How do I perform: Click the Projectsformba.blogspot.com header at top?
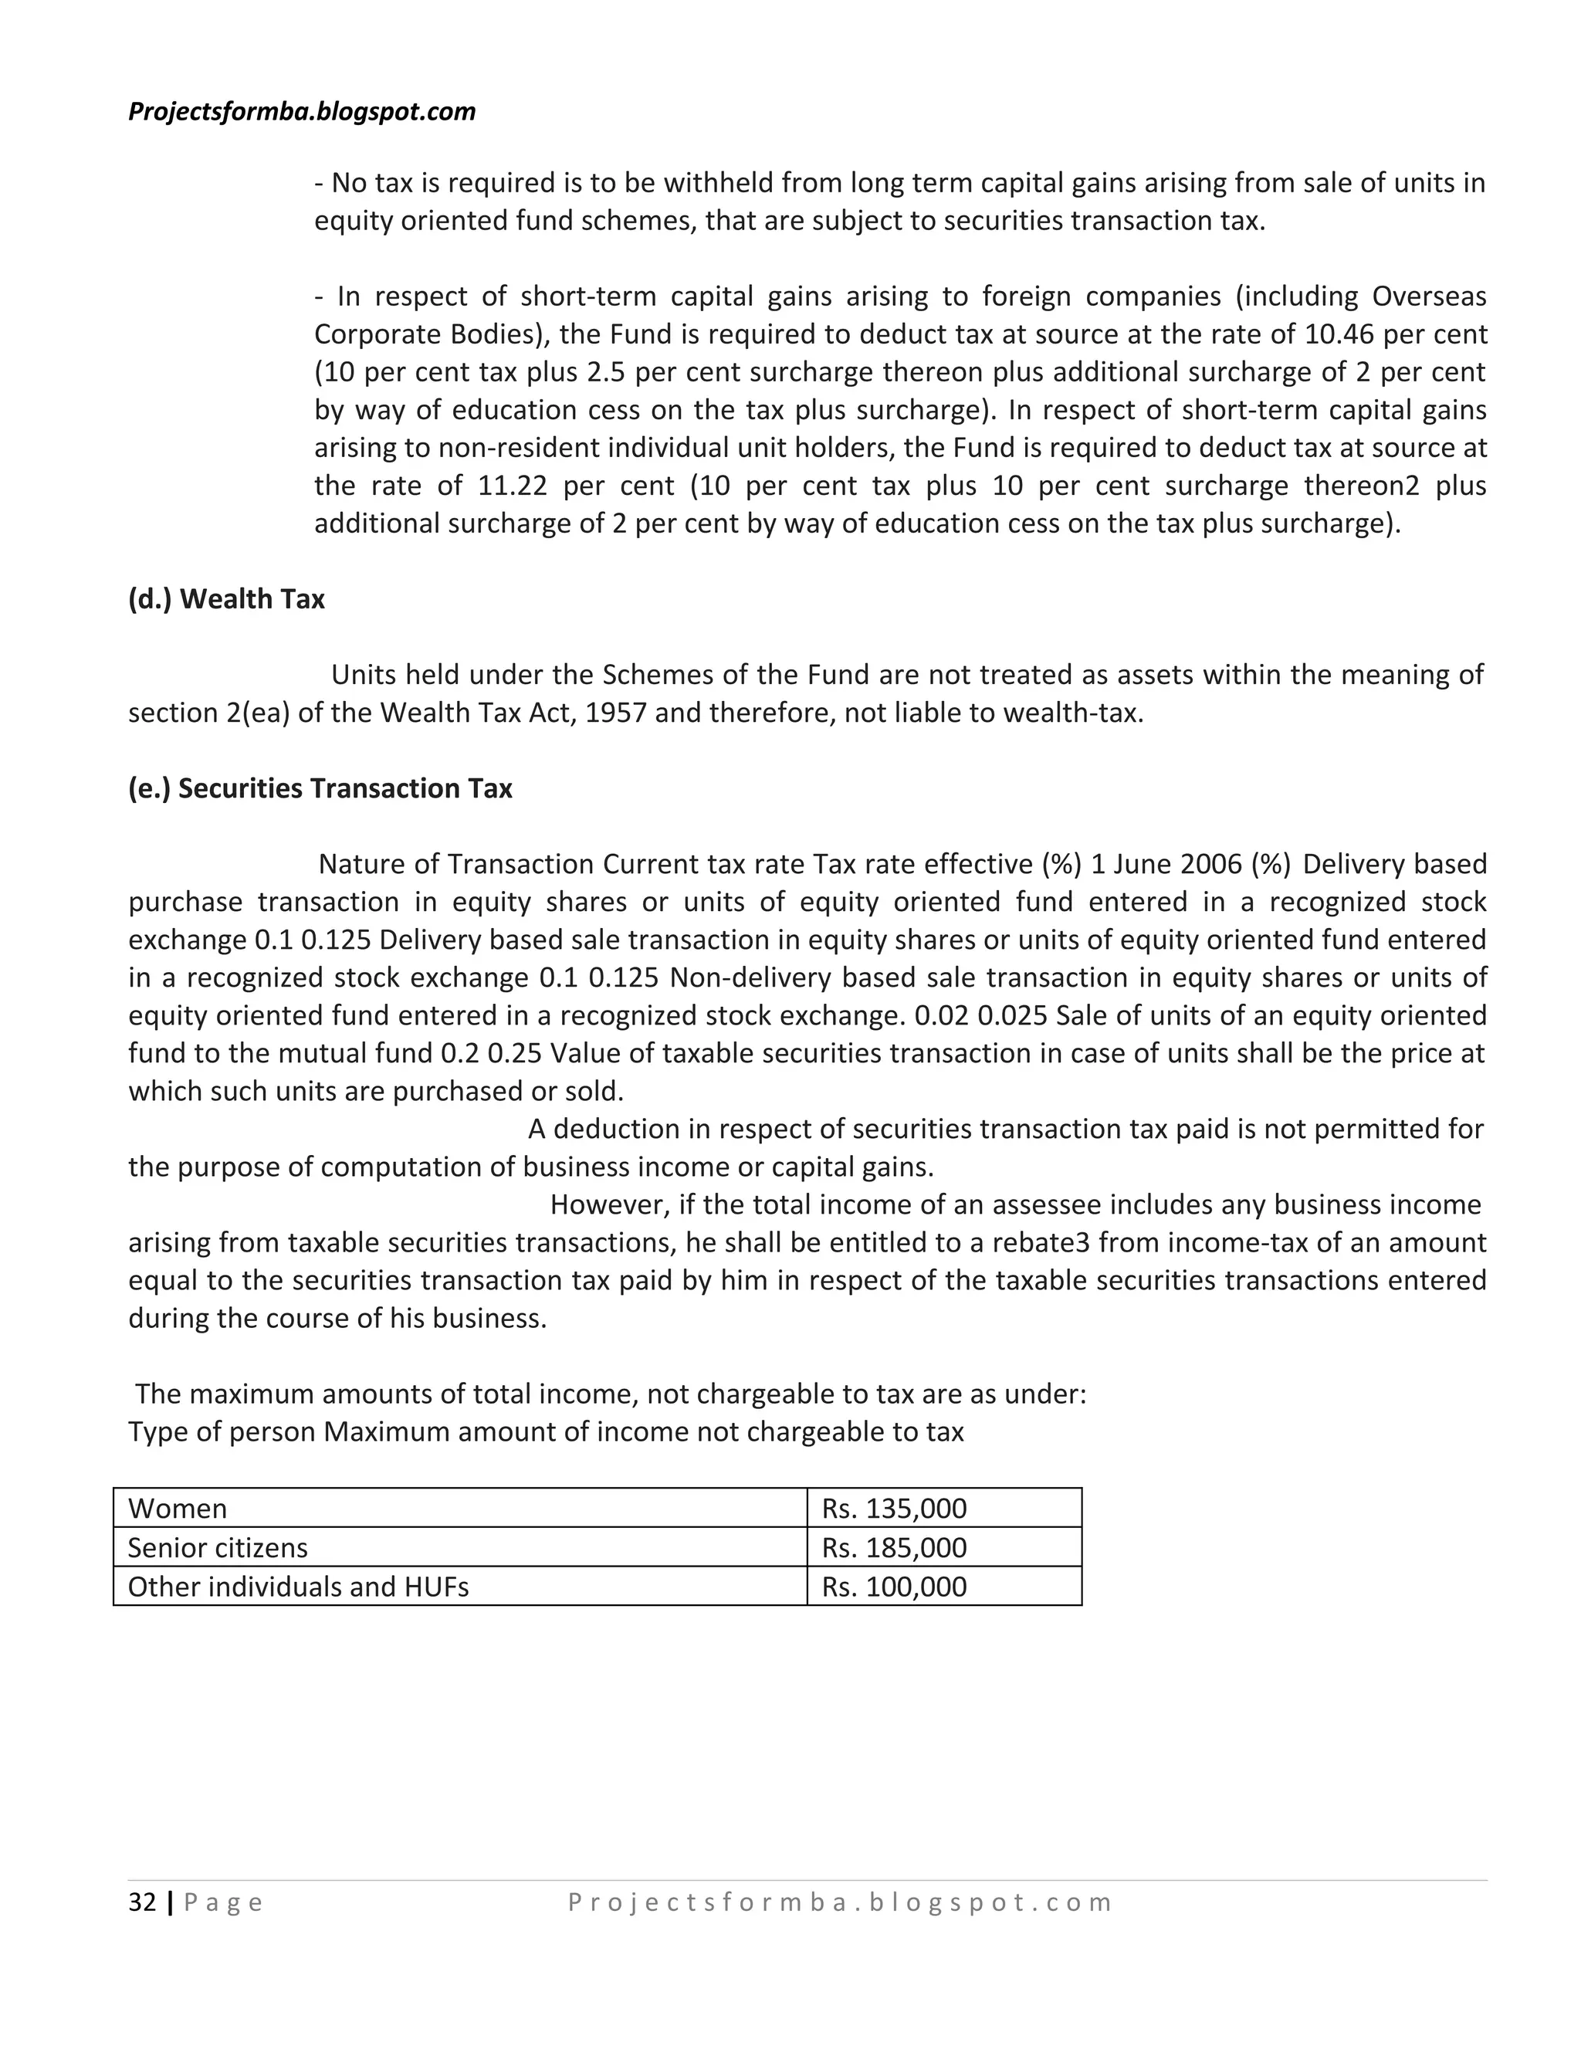point(302,111)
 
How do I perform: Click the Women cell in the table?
point(178,1509)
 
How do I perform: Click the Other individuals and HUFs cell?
point(298,1587)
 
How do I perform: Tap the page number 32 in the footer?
point(142,1902)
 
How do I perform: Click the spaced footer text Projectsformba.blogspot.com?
point(839,1902)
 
